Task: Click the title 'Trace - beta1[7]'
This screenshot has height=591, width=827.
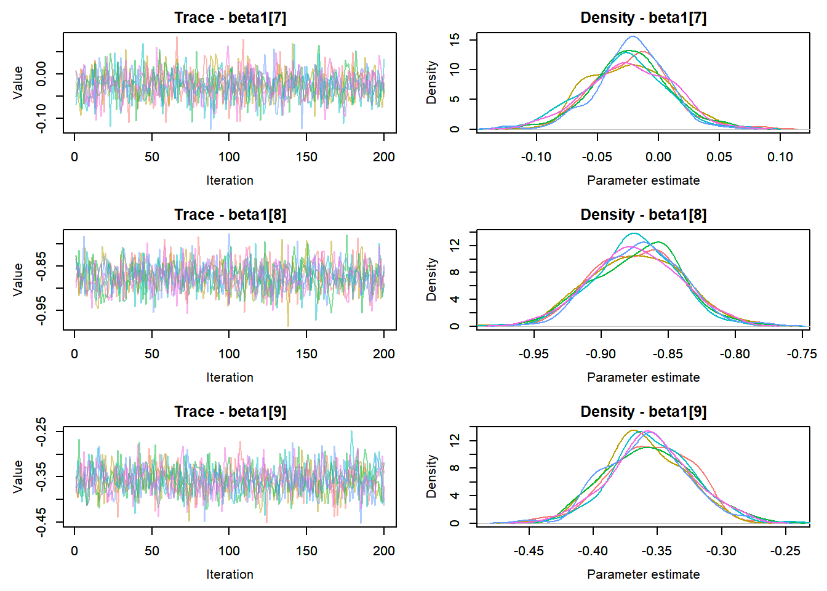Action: tap(230, 18)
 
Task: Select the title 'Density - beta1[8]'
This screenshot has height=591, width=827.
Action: tap(643, 215)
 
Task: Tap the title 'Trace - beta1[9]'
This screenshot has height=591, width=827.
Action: tap(230, 412)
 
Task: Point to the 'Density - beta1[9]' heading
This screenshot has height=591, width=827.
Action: tap(643, 412)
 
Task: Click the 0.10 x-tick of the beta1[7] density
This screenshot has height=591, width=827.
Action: tap(780, 157)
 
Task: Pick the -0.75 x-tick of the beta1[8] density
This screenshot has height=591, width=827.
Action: tap(802, 354)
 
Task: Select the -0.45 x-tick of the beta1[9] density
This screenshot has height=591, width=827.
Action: tap(529, 551)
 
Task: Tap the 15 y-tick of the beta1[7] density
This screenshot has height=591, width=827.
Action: tap(455, 39)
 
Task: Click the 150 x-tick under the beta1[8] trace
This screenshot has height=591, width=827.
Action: tap(306, 354)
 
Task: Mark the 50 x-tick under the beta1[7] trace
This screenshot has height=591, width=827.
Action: tap(152, 157)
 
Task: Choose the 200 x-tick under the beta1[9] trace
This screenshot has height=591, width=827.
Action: tap(383, 551)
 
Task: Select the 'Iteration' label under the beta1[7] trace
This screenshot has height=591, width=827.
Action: tap(230, 180)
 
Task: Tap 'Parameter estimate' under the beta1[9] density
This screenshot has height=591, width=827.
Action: tap(643, 574)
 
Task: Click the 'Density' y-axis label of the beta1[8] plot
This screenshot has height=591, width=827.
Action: tap(432, 279)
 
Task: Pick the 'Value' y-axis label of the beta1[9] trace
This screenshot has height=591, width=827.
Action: tap(18, 476)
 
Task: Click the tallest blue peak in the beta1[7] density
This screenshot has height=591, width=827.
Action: tap(632, 37)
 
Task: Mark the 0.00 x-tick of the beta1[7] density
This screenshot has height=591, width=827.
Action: tap(658, 157)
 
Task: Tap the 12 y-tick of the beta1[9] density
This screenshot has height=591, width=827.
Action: tap(455, 440)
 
